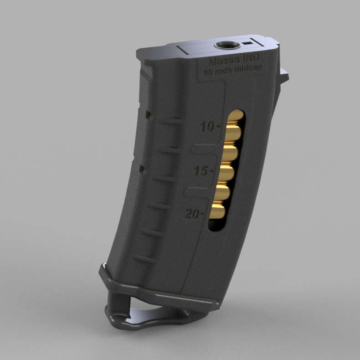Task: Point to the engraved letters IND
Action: (x=250, y=59)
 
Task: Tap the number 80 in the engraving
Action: (x=209, y=72)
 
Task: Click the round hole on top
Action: (x=227, y=46)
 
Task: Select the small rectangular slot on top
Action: (x=247, y=43)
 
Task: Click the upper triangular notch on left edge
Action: (x=147, y=113)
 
